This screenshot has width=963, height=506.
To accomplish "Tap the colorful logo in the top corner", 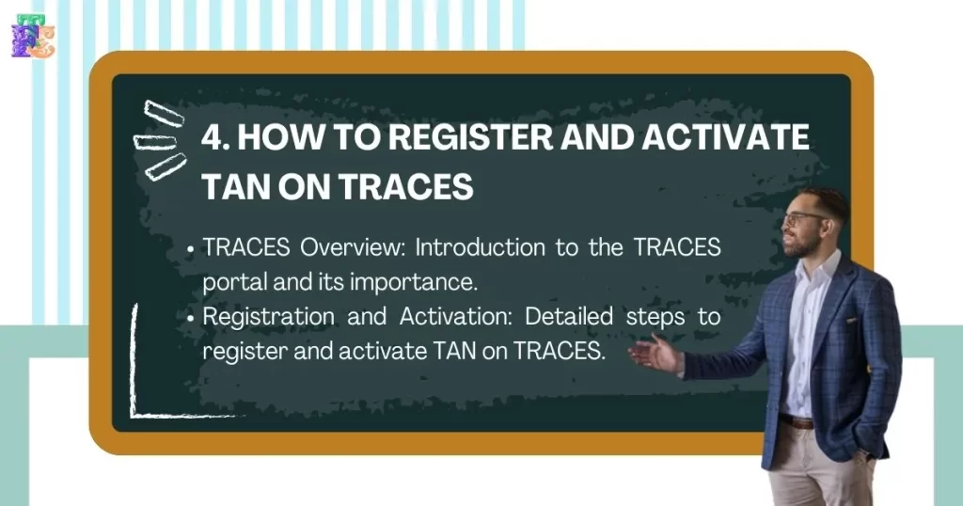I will pyautogui.click(x=32, y=36).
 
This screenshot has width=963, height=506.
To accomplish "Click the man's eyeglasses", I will pyautogui.click(x=803, y=218).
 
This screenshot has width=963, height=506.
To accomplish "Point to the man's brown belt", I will pyautogui.click(x=797, y=420).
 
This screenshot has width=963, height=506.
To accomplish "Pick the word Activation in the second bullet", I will pyautogui.click(x=447, y=316).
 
